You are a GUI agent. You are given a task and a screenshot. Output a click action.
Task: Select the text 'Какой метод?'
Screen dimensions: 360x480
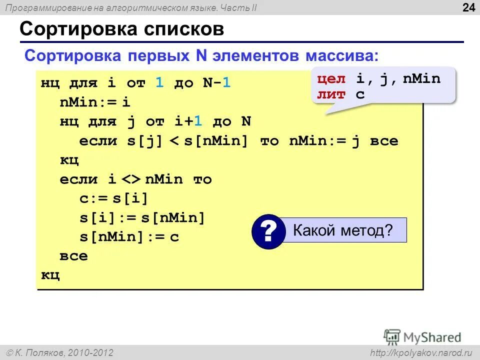pos(343,231)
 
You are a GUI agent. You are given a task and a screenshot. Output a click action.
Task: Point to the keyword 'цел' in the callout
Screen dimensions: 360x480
pos(331,78)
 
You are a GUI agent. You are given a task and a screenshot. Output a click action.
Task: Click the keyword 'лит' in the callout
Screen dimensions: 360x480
pos(331,94)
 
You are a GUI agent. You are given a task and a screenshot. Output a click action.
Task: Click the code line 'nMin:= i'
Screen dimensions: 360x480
pos(95,102)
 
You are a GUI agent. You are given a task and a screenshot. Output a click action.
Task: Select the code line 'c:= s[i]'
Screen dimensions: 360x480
pos(114,198)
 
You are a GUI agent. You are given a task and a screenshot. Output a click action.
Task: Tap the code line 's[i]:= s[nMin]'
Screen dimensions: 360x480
pos(142,217)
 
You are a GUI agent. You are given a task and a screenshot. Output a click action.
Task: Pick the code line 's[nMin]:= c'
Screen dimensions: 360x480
pos(129,236)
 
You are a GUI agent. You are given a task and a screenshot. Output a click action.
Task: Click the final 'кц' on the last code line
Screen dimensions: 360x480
pos(50,275)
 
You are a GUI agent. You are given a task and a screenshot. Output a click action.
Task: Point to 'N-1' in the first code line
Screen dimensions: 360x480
pos(216,83)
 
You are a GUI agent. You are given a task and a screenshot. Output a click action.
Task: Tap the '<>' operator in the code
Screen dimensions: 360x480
pos(132,179)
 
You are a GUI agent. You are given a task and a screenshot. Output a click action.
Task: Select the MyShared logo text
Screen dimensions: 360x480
pos(432,337)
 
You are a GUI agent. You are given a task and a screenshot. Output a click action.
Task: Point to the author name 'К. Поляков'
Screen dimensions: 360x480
pos(45,353)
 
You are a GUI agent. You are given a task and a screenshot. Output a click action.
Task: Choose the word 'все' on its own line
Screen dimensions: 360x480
pos(73,256)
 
